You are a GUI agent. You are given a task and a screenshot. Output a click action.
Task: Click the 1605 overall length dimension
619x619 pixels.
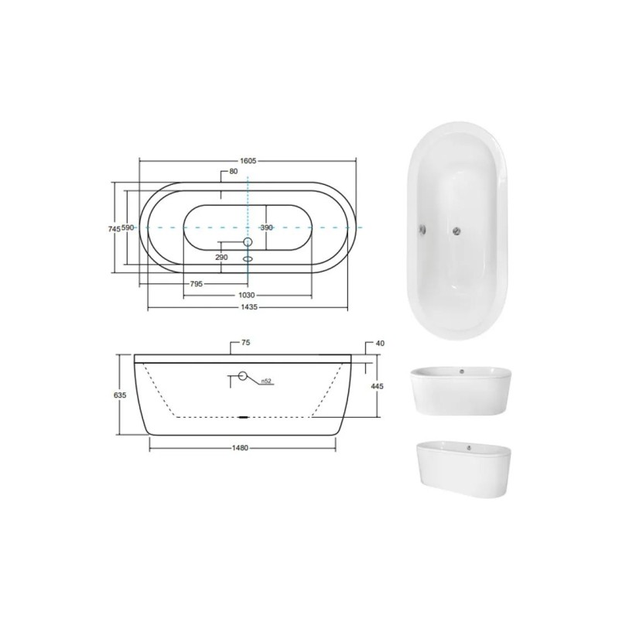tap(248, 161)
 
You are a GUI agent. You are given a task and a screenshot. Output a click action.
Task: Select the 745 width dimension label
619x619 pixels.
tap(114, 227)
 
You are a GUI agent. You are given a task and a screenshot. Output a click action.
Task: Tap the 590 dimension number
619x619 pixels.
tap(128, 227)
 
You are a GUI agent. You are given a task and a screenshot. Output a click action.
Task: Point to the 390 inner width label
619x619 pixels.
tap(266, 227)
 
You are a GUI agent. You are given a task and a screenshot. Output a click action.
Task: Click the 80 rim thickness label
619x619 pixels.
tap(234, 171)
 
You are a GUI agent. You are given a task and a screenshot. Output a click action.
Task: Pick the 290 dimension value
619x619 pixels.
tap(222, 258)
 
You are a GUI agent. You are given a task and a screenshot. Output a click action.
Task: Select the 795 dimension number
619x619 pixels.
tap(197, 284)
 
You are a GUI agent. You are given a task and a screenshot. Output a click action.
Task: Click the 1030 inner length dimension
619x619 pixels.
tap(247, 296)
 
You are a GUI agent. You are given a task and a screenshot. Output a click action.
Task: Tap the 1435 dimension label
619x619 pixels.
tap(248, 306)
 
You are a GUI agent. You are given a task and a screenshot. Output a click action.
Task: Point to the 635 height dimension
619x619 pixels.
tap(119, 395)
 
